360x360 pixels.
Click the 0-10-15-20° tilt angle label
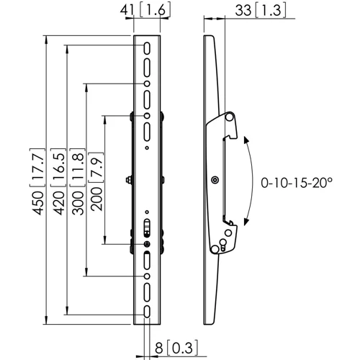coord(299,184)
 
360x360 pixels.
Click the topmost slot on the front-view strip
coord(147,48)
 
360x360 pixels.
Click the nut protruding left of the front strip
coord(129,180)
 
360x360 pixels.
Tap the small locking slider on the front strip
coord(147,228)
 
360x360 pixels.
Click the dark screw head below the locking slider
coord(147,243)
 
